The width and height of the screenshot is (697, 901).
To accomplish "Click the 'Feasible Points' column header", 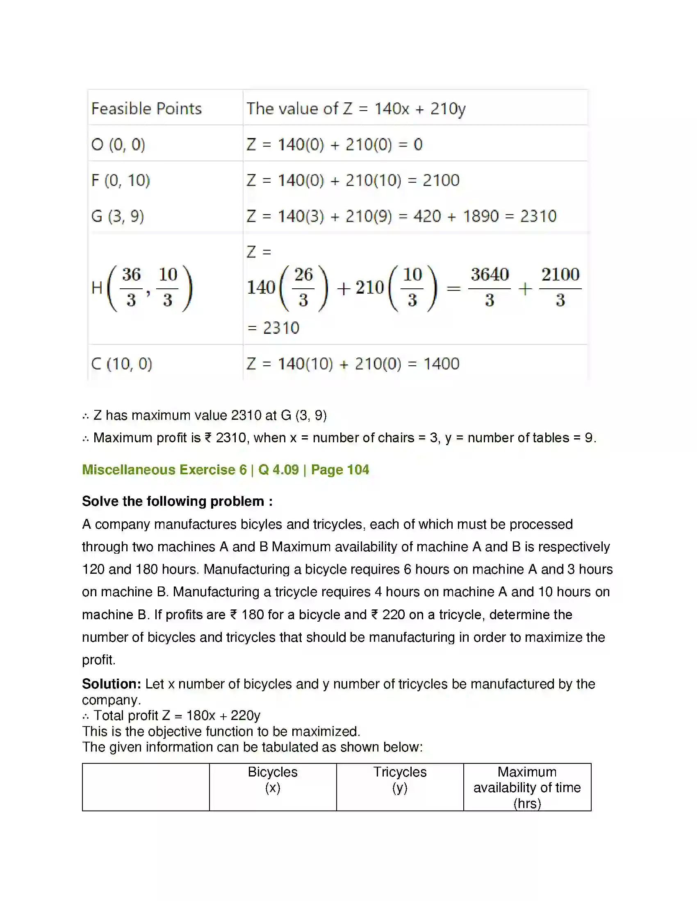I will (146, 109).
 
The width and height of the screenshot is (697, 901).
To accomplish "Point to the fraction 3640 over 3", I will (489, 288).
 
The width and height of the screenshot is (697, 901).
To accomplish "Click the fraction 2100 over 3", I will (560, 288).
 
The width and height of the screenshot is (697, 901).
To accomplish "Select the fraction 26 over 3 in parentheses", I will (303, 288).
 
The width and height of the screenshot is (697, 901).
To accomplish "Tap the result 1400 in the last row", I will (442, 364).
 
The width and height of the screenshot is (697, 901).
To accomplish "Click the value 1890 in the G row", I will (481, 216).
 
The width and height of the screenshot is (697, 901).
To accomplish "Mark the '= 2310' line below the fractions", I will (273, 328).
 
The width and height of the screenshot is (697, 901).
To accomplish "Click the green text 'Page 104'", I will (340, 470).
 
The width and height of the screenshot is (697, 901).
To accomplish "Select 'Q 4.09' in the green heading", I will (278, 470).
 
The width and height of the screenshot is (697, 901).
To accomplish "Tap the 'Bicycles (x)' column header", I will (273, 780).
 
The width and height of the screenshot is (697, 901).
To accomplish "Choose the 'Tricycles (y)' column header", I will (400, 780).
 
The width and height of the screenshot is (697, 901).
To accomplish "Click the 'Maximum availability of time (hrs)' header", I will (527, 788).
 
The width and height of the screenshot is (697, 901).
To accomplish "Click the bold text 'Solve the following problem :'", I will (177, 501).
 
